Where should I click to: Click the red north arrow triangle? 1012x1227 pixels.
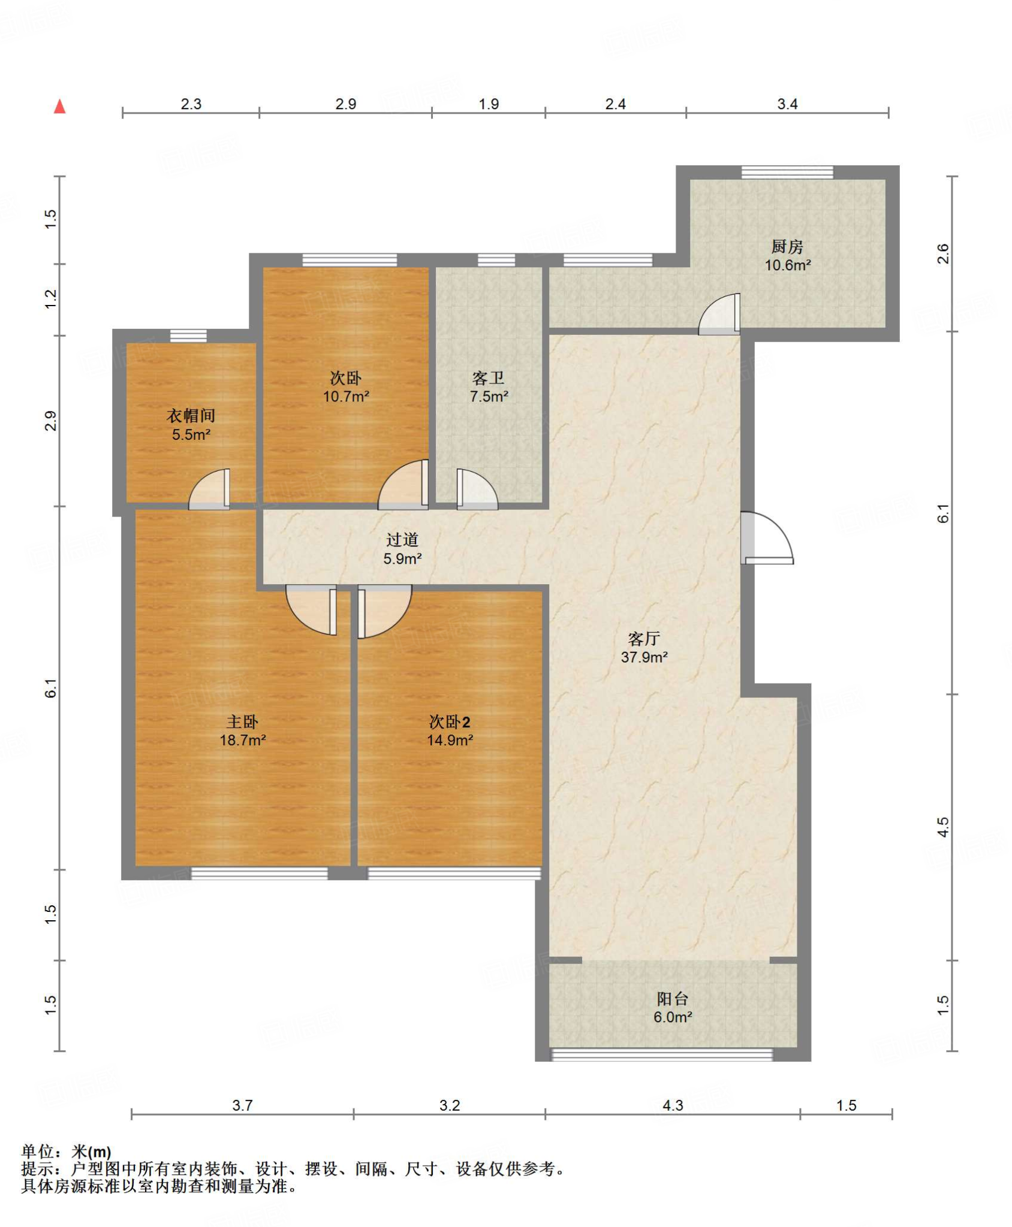coord(59,107)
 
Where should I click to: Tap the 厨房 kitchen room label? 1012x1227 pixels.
coord(787,246)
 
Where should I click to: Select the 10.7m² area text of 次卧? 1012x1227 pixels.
coord(346,397)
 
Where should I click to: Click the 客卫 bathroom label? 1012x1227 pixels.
coord(488,378)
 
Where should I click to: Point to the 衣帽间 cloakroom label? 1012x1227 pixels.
coord(191,416)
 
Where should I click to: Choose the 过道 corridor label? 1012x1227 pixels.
coord(402,540)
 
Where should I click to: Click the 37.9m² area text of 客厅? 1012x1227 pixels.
coord(644,657)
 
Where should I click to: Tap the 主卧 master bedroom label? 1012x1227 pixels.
coord(242,722)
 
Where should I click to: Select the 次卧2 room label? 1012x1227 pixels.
coord(450,722)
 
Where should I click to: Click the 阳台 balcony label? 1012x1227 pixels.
coord(672,999)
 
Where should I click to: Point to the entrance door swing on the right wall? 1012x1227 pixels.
coord(767,537)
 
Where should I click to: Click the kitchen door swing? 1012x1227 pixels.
coord(719,314)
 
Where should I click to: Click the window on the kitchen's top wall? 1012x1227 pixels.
coord(787,172)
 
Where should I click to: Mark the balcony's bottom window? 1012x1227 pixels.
coord(662,1055)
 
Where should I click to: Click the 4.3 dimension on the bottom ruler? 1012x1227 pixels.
coord(673,1105)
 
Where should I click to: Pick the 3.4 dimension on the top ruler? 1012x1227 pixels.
coord(787,104)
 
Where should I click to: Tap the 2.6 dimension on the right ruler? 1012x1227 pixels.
coord(943,253)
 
